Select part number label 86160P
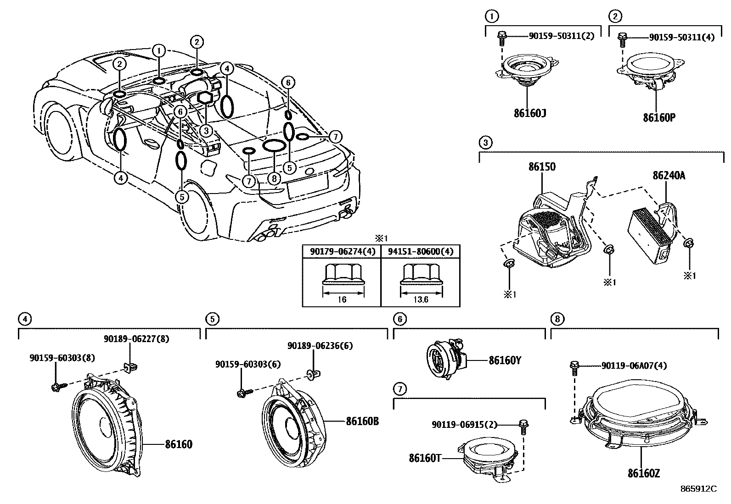point(659,117)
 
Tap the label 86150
point(542,167)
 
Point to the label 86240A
point(669,175)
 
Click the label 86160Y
point(505,360)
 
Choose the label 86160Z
point(643,473)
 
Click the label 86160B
point(362,421)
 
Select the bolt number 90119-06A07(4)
point(634,366)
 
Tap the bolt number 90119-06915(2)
point(464,425)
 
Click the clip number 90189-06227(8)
point(136,339)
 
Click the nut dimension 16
point(342,299)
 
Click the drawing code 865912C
point(698,489)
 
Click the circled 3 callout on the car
point(206,131)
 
